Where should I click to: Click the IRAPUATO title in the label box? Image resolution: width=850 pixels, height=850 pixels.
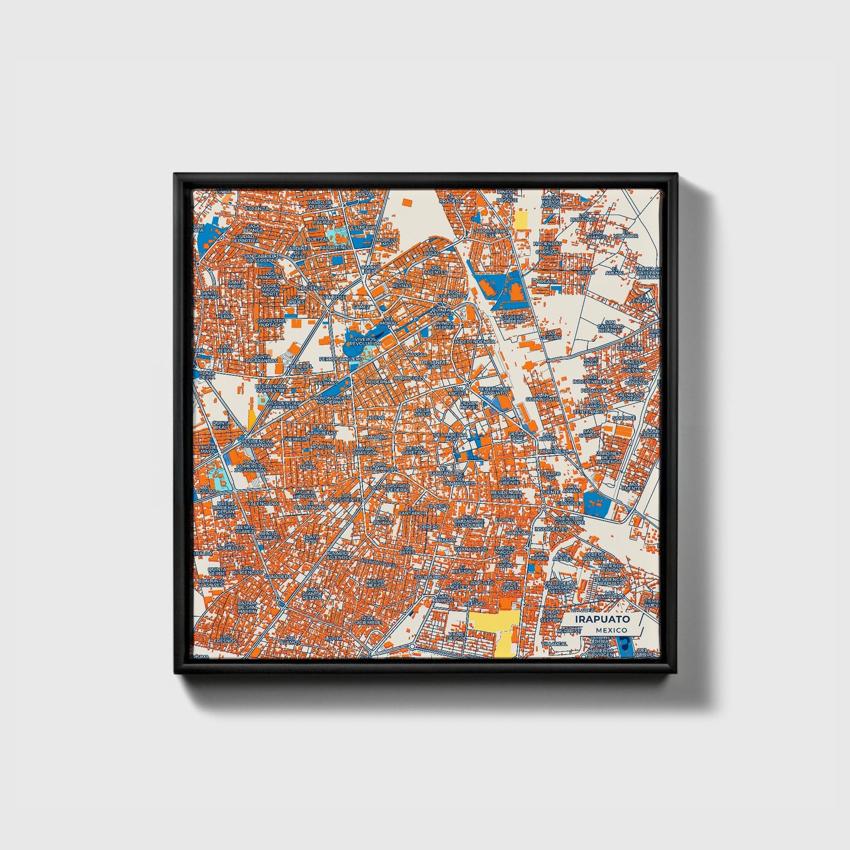[x=602, y=619]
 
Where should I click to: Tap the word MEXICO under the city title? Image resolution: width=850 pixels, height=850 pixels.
[x=611, y=630]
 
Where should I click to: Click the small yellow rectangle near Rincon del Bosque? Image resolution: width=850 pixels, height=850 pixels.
[x=521, y=221]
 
